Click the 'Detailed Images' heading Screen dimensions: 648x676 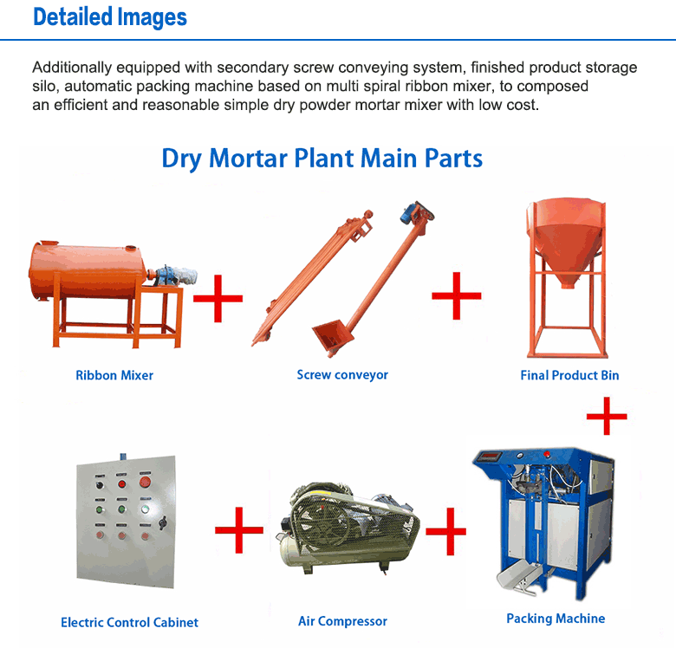(110, 17)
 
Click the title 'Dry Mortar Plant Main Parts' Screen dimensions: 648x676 (322, 159)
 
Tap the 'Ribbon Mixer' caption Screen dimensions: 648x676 (114, 375)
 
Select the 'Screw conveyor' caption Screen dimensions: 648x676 (342, 374)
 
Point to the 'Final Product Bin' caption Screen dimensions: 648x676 (569, 375)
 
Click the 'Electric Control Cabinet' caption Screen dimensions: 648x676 (129, 622)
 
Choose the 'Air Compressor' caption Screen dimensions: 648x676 (342, 621)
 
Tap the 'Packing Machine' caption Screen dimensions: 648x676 (556, 619)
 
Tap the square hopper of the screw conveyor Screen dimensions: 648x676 (331, 334)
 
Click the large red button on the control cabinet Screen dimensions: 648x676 (145, 482)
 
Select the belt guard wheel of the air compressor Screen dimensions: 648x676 (316, 525)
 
